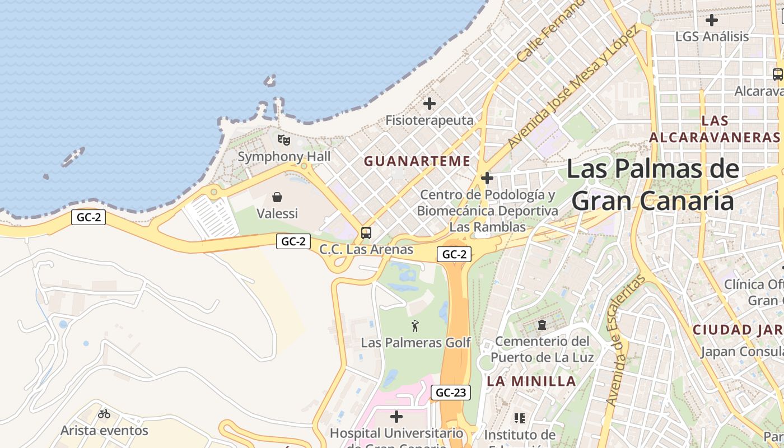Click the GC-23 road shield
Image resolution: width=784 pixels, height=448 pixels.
coord(450,393)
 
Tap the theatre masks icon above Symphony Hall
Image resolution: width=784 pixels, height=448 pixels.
coord(284,139)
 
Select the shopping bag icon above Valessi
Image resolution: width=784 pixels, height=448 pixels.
coord(277,197)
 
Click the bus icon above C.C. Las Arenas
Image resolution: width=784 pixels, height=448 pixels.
coord(366,232)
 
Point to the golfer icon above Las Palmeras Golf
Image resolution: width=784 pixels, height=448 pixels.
coord(415,325)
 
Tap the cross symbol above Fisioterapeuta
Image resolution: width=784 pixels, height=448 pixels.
coord(430,104)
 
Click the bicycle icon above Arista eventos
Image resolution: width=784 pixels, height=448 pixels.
coord(104,414)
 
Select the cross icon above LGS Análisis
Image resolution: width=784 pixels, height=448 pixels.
coord(712,20)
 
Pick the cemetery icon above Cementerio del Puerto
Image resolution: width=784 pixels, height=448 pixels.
coord(542,324)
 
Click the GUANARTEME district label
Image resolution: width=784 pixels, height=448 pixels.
coord(417,161)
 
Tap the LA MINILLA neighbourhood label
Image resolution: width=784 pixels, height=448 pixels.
coord(531,381)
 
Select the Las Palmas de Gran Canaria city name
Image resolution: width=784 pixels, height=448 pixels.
coord(653,184)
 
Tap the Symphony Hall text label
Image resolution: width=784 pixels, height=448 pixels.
coord(284,157)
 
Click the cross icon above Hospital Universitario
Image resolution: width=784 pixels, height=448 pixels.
coord(396,416)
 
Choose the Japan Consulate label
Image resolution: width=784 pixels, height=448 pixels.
coord(742,352)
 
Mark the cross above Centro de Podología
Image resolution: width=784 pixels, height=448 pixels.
coord(487,179)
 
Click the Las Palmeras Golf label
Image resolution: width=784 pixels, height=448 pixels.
coord(416,342)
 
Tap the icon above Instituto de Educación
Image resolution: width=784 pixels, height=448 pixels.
coord(520,418)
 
